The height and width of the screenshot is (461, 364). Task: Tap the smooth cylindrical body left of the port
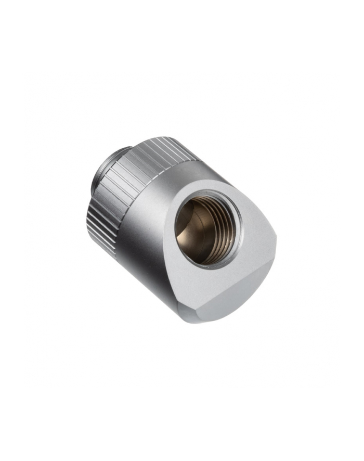(x=140, y=234)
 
